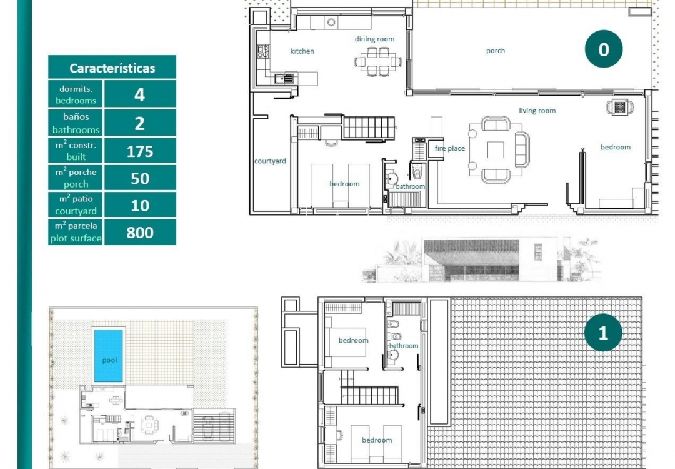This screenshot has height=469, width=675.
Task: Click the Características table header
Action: (x=112, y=68)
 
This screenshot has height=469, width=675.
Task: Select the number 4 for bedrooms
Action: (x=140, y=94)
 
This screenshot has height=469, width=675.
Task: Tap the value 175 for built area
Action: (x=140, y=151)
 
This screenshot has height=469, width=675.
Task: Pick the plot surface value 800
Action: (x=140, y=233)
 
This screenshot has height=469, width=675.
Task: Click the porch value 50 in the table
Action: (x=140, y=179)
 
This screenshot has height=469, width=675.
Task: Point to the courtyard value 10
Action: (x=140, y=206)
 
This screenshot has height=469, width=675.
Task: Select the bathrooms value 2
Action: (x=140, y=123)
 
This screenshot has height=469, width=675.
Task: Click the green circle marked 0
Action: (x=603, y=49)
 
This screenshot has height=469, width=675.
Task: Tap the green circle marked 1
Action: (x=603, y=333)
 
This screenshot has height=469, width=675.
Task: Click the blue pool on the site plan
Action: (x=109, y=356)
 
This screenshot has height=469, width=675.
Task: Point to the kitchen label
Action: (x=302, y=51)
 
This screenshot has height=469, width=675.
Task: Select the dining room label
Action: (x=374, y=39)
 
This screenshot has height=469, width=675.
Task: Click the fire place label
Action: (x=450, y=148)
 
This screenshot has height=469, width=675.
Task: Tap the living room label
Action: (x=537, y=111)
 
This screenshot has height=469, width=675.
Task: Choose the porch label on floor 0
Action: (x=496, y=51)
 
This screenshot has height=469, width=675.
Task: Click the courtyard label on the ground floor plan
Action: (x=270, y=161)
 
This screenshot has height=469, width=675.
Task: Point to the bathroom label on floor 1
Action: (x=404, y=346)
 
